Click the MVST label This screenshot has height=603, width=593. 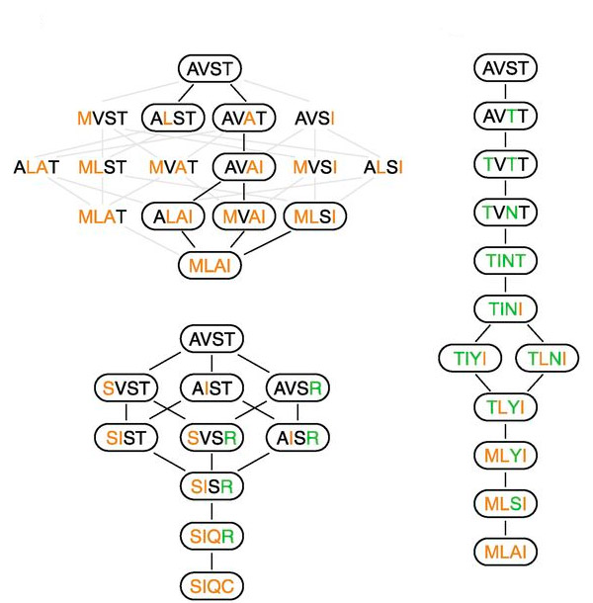click(x=103, y=119)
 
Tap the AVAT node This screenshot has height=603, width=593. click(x=242, y=119)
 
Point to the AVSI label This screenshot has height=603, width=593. click(x=314, y=119)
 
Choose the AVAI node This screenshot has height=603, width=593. click(x=242, y=167)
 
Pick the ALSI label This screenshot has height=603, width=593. click(x=383, y=167)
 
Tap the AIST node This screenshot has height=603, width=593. click(x=210, y=388)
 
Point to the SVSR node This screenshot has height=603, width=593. click(x=210, y=436)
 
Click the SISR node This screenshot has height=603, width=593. click(x=210, y=485)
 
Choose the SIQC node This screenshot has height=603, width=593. click(x=210, y=583)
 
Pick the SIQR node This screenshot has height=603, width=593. click(x=210, y=535)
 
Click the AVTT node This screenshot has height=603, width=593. click(x=505, y=117)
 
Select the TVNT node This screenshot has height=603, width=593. click(x=505, y=212)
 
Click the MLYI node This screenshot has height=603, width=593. click(x=505, y=455)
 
